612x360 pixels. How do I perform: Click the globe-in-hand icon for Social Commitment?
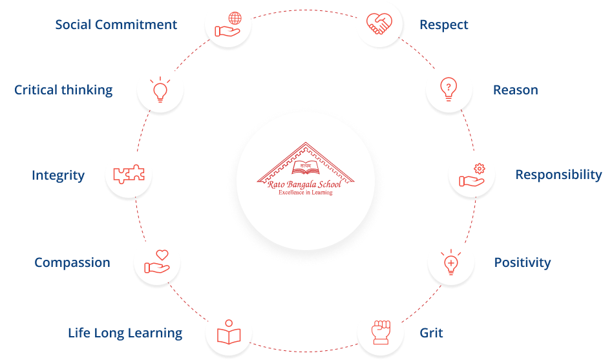227,24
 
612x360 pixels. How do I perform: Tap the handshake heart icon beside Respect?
379,24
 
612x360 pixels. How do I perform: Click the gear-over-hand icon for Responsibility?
472,175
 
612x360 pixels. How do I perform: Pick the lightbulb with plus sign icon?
450,262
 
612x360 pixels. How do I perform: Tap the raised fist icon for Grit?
379,332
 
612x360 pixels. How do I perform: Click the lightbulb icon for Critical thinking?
160,89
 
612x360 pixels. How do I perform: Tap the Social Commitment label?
116,25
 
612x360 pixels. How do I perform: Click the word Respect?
444,25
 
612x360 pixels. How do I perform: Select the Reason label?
515,90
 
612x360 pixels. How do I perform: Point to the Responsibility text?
558,175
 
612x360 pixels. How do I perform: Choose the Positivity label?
522,262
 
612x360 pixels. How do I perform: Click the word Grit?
432,333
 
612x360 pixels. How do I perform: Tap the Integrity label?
58,175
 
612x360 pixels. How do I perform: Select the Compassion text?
72,262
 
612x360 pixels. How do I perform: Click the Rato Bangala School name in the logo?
304,185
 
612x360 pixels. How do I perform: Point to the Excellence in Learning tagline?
305,193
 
